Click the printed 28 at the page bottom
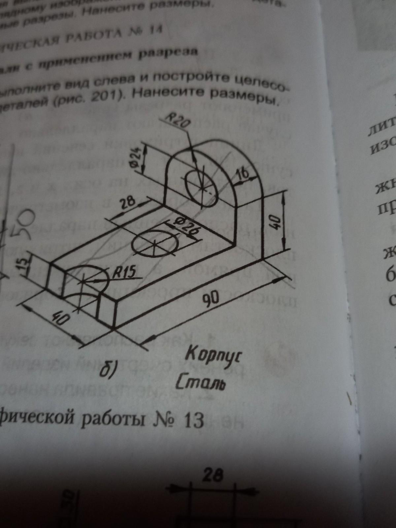point(213,476)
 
